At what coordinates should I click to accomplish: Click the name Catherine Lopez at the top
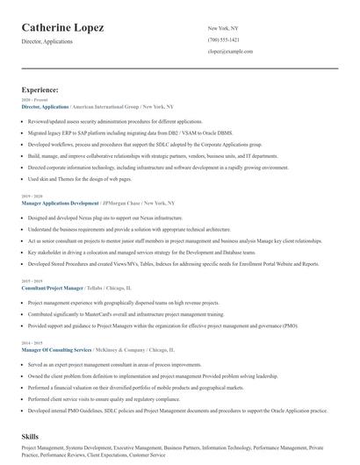coord(62,28)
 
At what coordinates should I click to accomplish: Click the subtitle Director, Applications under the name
coord(48,41)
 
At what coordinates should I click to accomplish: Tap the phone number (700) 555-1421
coord(223,40)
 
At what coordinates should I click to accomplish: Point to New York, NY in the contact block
coord(223,28)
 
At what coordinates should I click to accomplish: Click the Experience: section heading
coord(40,89)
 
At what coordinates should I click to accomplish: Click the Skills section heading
coord(32,436)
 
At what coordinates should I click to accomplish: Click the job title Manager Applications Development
coord(60,203)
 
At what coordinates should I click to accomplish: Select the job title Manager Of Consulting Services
coord(56,349)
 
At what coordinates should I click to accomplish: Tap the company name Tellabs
coord(94,287)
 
